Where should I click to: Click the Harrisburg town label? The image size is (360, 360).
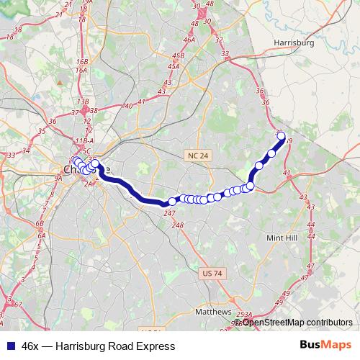pos(294,42)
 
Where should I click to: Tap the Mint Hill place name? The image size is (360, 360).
pos(282,237)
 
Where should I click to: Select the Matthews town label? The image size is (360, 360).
pos(213,312)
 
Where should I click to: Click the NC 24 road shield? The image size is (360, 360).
pos(197,155)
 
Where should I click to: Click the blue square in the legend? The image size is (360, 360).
pos(9,346)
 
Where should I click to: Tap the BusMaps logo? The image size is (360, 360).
pos(325,346)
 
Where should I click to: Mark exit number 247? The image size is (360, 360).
pos(170,214)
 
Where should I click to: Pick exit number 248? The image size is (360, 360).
pos(178,225)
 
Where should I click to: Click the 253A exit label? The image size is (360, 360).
pos(245,315)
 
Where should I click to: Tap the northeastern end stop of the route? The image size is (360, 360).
pos(281,135)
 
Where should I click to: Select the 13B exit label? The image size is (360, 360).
pos(85,102)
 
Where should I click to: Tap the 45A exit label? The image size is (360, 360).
pos(173,66)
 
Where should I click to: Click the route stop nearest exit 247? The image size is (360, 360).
pos(171,202)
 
